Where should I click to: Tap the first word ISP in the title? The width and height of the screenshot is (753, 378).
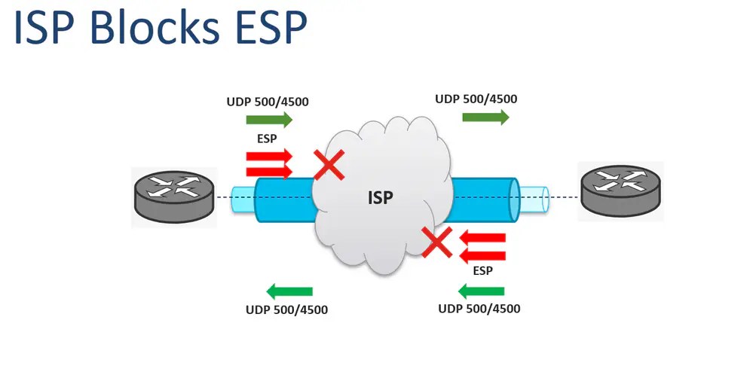(x=50, y=29)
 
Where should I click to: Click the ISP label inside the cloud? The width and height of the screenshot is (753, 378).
(x=381, y=198)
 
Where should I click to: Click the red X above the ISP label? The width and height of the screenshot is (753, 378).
(x=329, y=166)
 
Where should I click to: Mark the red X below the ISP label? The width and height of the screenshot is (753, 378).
(x=436, y=243)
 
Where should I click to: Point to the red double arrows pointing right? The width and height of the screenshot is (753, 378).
(x=268, y=164)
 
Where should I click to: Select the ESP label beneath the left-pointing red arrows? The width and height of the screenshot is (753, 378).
(x=482, y=271)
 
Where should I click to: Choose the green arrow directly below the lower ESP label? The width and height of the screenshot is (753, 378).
(x=480, y=291)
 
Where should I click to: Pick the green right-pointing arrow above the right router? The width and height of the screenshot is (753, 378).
(x=485, y=117)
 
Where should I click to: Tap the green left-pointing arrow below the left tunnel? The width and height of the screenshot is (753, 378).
(x=290, y=291)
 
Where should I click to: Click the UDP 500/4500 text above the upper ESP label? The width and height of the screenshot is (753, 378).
(x=267, y=101)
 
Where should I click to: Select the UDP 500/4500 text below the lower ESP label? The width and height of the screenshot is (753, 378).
(x=479, y=309)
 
